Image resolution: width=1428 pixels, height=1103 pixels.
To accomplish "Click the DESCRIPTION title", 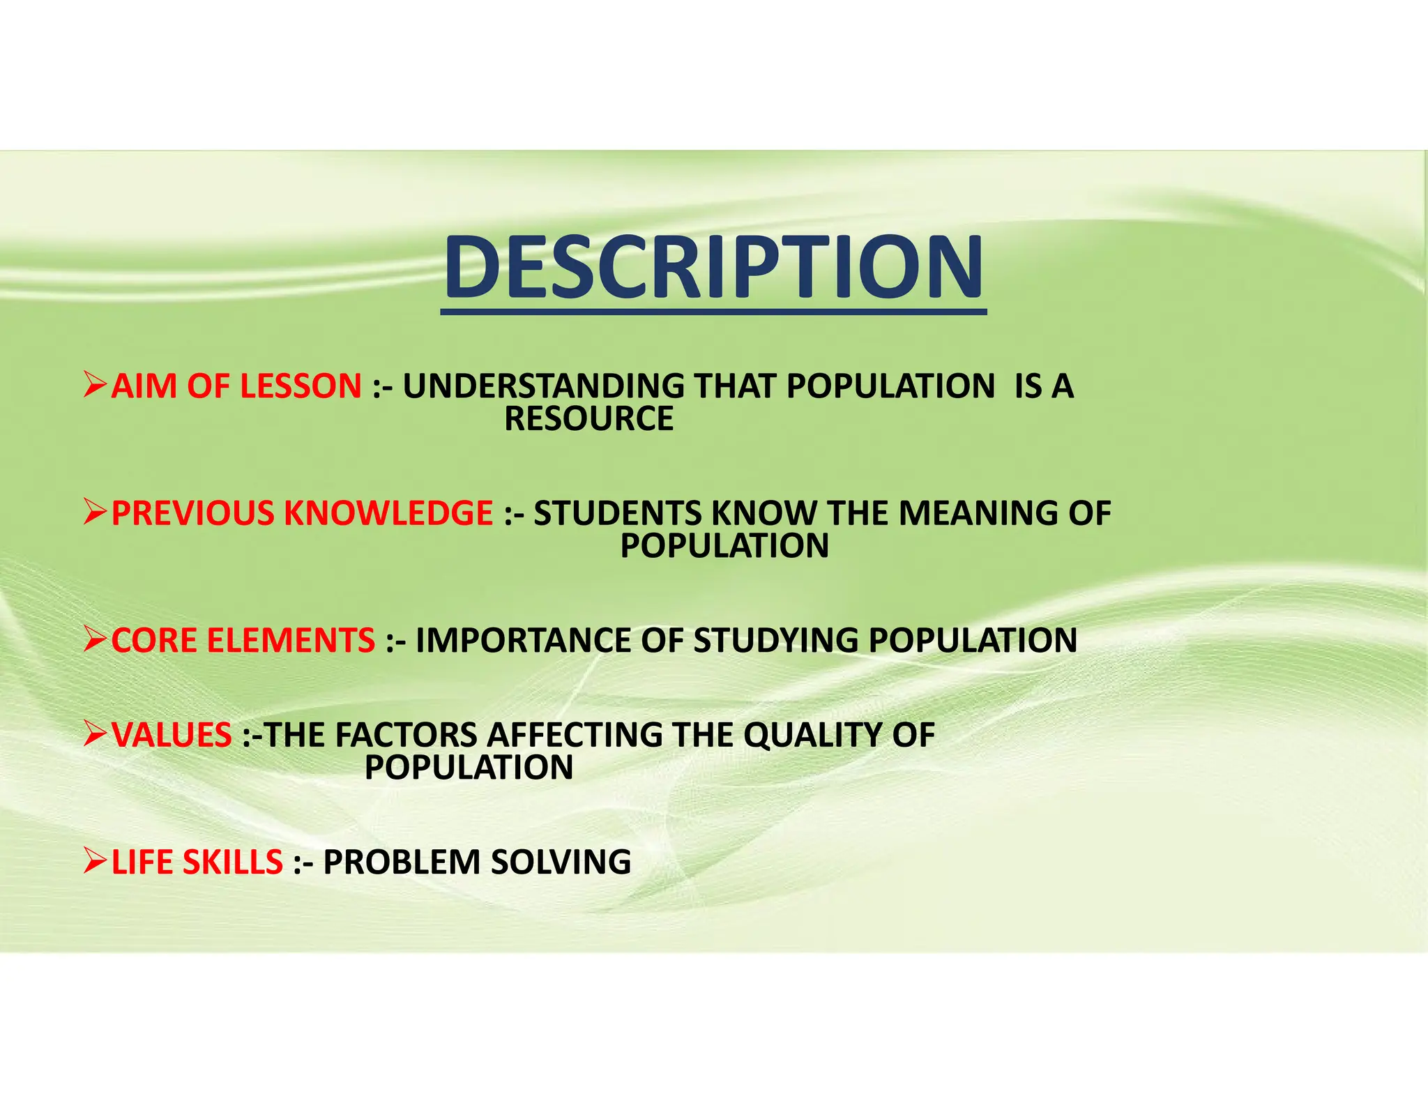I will click(x=713, y=268).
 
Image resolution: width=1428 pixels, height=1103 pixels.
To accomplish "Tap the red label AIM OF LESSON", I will click(x=236, y=386).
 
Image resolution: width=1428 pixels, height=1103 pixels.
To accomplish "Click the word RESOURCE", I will click(x=589, y=419).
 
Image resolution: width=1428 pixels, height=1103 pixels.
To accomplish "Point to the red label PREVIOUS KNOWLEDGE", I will click(x=302, y=513).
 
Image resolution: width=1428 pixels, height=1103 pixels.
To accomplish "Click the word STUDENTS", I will click(x=618, y=513).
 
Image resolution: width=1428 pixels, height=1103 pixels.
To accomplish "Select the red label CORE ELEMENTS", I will click(x=243, y=640).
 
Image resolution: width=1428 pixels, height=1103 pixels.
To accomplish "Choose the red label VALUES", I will click(x=172, y=735).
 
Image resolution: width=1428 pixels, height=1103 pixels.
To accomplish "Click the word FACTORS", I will click(x=407, y=735).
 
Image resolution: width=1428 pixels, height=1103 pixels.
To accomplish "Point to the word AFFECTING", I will click(x=576, y=735).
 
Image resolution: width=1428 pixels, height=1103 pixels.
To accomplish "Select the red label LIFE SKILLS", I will click(x=197, y=862).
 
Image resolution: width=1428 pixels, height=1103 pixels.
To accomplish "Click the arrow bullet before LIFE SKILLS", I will click(x=95, y=862).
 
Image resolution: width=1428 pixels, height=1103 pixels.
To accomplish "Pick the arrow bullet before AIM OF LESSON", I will click(x=95, y=386).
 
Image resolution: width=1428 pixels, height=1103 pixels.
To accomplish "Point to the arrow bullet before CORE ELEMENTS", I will click(x=95, y=639).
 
